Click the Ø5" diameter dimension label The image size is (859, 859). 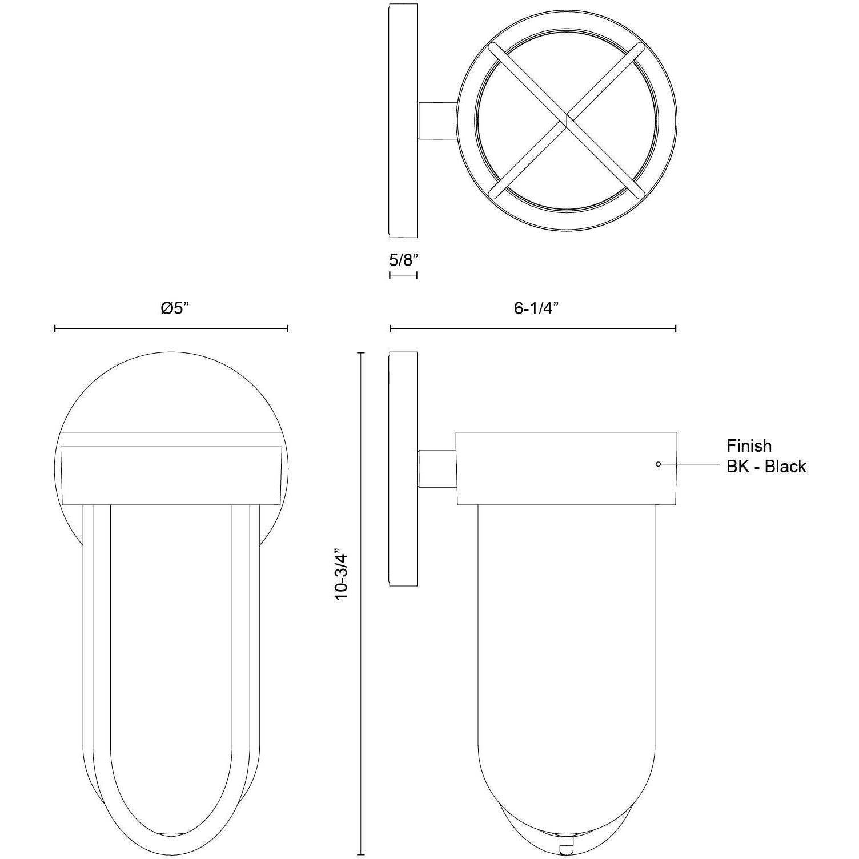[174, 308]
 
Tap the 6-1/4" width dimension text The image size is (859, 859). [535, 308]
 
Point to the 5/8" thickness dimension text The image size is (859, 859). [403, 260]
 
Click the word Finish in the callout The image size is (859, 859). [749, 445]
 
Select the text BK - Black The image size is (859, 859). [766, 467]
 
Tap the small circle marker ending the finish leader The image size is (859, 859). [658, 464]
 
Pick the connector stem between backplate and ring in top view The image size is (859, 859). [437, 121]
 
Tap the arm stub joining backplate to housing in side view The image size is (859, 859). [437, 469]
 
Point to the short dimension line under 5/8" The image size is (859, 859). [403, 275]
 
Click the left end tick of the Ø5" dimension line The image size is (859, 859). [55, 328]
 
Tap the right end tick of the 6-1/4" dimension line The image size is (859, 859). [676, 328]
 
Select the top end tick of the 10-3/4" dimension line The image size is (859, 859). [361, 353]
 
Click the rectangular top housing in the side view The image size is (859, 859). [565, 469]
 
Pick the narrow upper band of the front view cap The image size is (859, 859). [171, 439]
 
